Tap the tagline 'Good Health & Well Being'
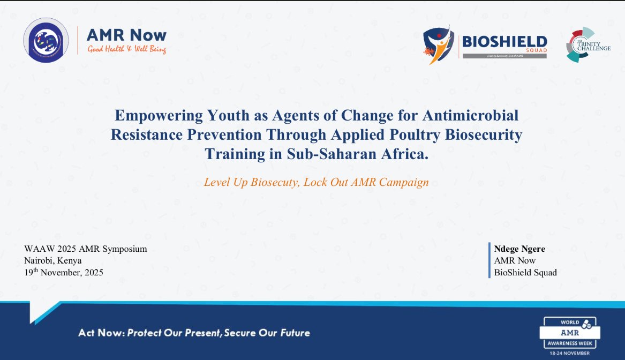[x=126, y=50]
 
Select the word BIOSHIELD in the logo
[x=504, y=42]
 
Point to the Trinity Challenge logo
[x=588, y=44]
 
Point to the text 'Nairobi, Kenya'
[x=53, y=260]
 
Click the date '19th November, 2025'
[x=64, y=272]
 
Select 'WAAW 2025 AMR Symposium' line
[x=85, y=249]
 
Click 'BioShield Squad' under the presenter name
[x=525, y=272]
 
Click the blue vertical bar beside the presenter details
[x=489, y=260]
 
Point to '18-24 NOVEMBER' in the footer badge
[x=570, y=353]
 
